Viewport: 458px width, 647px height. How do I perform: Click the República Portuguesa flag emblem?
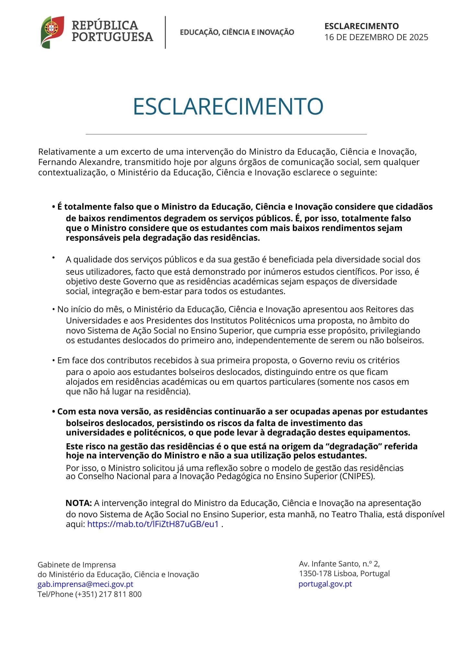52,32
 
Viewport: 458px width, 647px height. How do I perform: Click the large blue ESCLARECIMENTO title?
228,106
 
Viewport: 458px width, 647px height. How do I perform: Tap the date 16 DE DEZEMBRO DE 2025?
376,37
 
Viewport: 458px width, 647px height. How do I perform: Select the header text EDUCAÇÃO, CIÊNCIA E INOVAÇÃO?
237,32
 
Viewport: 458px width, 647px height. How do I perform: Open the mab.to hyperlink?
153,524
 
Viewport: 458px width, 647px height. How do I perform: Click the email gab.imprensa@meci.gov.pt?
86,584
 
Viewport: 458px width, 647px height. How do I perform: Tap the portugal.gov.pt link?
325,584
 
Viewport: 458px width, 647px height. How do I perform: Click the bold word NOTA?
79,503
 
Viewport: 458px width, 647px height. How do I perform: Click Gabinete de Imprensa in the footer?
76,565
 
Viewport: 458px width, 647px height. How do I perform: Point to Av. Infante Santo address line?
339,564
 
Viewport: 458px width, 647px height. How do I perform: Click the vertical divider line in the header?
166,32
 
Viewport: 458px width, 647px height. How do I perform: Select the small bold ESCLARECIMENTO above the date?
361,26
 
